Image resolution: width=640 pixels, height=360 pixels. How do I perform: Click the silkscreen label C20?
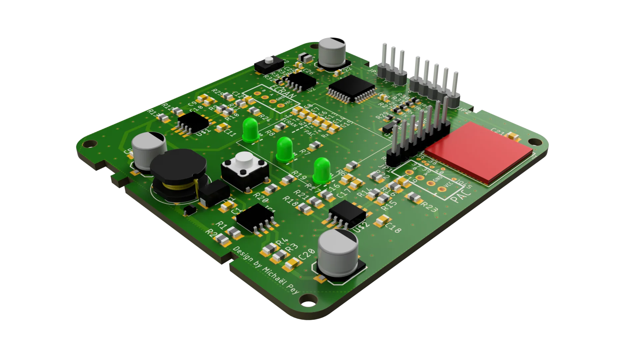pyautogui.click(x=307, y=255)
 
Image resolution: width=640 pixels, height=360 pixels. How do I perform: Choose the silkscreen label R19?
pyautogui.click(x=299, y=175)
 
